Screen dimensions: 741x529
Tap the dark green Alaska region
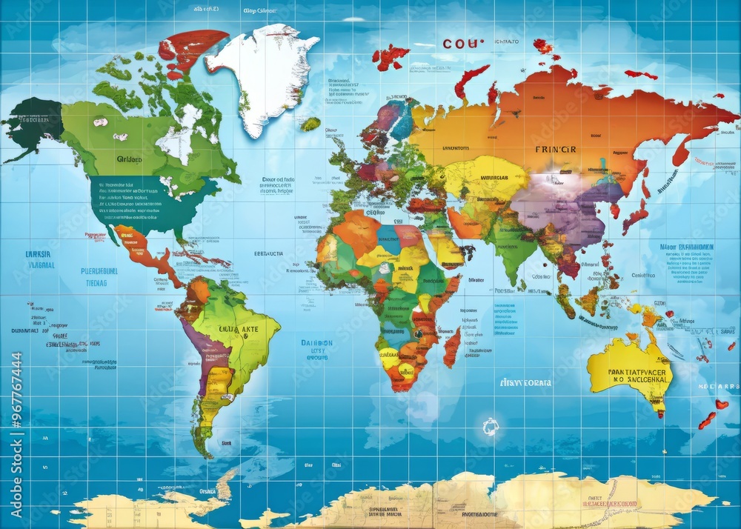tap(33, 122)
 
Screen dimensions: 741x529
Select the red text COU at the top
tap(462, 43)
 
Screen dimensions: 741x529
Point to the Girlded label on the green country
tap(130, 158)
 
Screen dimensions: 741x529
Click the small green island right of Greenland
tap(310, 124)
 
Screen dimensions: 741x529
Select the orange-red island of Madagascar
tap(451, 348)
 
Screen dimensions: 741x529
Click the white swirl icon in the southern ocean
tap(490, 426)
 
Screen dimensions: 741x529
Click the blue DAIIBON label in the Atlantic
tap(316, 343)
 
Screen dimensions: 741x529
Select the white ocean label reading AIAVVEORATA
tap(525, 383)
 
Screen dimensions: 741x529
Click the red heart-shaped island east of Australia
tap(722, 405)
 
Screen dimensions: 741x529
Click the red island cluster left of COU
tap(391, 56)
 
